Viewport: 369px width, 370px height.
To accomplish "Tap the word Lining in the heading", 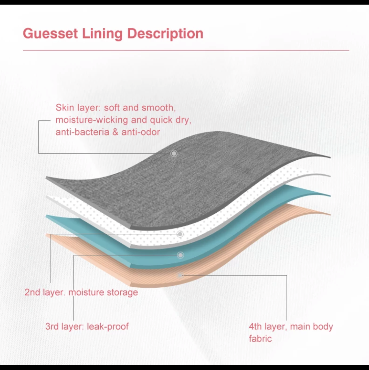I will pyautogui.click(x=102, y=34).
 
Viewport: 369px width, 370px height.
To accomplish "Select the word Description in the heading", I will pyautogui.click(x=165, y=34).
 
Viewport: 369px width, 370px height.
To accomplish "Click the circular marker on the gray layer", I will pyautogui.click(x=174, y=153).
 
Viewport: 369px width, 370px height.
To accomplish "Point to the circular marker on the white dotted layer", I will pyautogui.click(x=180, y=234).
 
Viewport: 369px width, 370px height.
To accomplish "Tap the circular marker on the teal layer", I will pyautogui.click(x=180, y=255).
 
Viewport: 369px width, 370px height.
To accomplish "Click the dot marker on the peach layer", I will pyautogui.click(x=180, y=275).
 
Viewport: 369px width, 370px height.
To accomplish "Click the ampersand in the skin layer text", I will pyautogui.click(x=115, y=132).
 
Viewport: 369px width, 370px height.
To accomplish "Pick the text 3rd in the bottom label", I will pyautogui.click(x=52, y=327).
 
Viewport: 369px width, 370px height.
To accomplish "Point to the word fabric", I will pyautogui.click(x=260, y=338).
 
